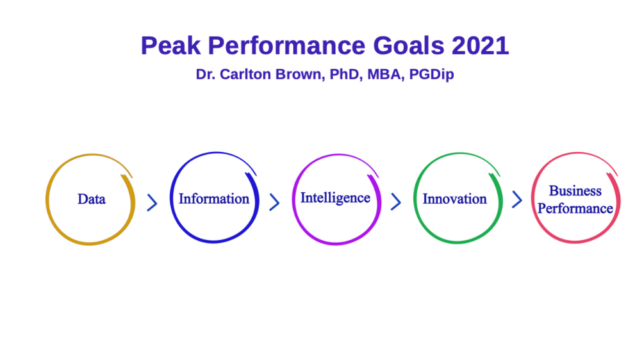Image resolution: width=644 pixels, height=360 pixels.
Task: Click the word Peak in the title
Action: click(x=171, y=45)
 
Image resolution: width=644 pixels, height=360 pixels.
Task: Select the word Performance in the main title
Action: click(x=286, y=45)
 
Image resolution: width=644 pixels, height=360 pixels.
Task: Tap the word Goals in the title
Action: click(x=409, y=45)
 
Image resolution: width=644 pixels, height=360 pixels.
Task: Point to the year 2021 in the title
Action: click(x=480, y=45)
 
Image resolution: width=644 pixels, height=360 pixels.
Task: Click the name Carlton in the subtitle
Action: click(x=245, y=74)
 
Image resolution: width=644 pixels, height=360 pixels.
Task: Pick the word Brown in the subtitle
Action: click(x=301, y=74)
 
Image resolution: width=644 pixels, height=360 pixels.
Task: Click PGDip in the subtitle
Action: click(x=432, y=74)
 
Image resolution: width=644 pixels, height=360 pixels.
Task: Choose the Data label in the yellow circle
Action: click(x=92, y=199)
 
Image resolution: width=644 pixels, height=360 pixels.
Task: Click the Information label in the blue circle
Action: click(x=214, y=199)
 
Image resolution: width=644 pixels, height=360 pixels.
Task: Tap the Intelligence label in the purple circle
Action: click(x=336, y=198)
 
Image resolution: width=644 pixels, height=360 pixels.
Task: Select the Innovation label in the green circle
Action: click(x=455, y=199)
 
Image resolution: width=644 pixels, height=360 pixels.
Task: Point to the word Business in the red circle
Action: click(x=575, y=191)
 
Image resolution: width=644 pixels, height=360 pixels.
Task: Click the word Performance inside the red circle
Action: click(x=575, y=209)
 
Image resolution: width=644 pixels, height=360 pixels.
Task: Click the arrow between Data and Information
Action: click(x=153, y=202)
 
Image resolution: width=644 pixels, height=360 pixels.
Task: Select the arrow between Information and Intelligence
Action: click(x=274, y=202)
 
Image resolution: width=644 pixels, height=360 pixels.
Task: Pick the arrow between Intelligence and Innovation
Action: click(x=396, y=202)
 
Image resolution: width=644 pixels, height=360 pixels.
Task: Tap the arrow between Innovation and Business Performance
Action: click(x=517, y=199)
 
